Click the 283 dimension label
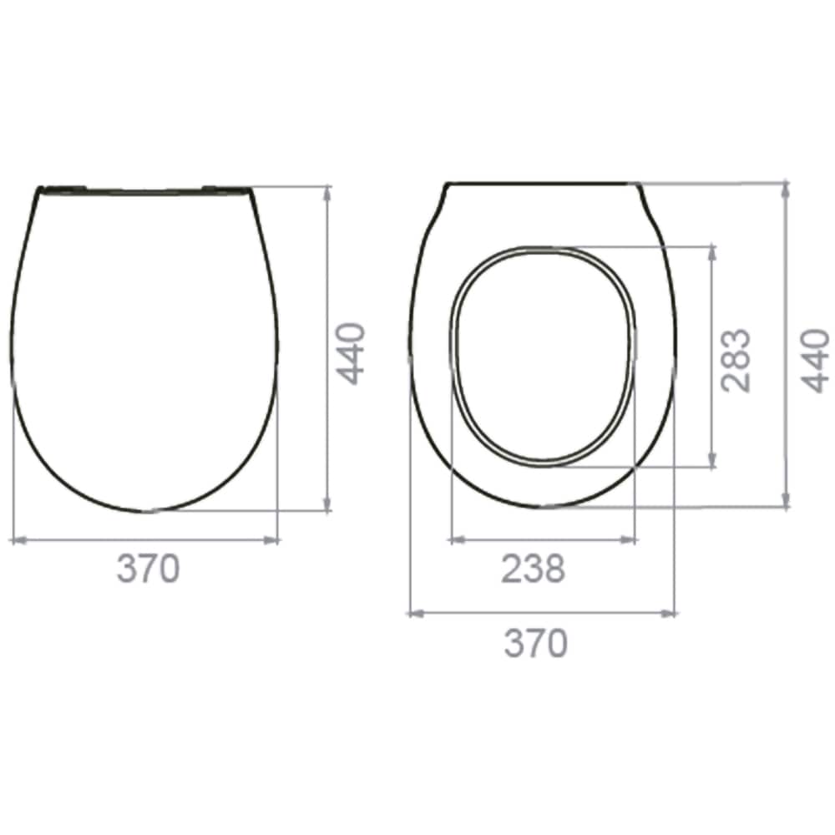736,361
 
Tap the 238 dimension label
533,569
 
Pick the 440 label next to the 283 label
816,361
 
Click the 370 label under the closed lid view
148,569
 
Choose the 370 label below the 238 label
535,644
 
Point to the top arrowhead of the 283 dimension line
711,250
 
